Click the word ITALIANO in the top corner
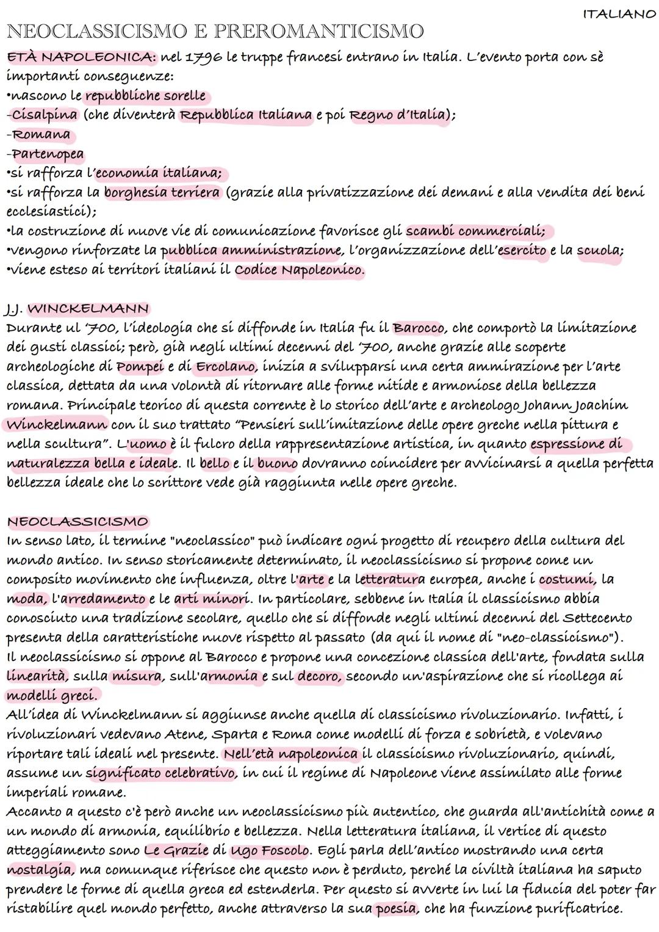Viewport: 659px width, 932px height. click(619, 15)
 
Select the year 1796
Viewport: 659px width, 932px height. click(203, 57)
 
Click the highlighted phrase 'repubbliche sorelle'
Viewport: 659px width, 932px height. click(145, 96)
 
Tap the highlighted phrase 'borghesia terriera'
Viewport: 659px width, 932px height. click(162, 193)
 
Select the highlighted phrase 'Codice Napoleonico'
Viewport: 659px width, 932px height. click(298, 270)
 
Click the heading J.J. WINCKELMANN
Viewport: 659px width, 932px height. click(77, 308)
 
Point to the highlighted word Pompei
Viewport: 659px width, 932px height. click(140, 366)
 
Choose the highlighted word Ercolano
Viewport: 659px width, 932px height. click(225, 366)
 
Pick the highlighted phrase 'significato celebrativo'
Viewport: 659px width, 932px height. click(160, 773)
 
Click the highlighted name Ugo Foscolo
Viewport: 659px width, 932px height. click(269, 850)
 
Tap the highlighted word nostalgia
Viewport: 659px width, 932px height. click(40, 870)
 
